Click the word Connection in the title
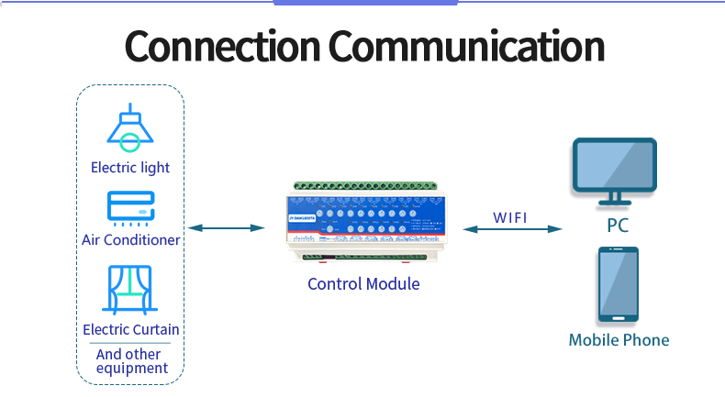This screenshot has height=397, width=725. [221, 46]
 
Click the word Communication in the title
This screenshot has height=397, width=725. [466, 46]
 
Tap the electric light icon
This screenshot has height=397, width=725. [130, 127]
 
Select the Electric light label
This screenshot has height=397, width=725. [130, 168]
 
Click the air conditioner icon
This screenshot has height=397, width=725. [131, 208]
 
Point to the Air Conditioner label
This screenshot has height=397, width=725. [131, 240]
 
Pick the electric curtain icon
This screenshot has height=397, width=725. [131, 290]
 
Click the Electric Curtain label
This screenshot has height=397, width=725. [131, 329]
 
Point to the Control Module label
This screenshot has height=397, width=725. [363, 284]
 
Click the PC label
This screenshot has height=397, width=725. [617, 226]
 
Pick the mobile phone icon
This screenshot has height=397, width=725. [619, 284]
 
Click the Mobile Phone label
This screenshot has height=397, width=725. [619, 340]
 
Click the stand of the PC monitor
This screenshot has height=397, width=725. [614, 198]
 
